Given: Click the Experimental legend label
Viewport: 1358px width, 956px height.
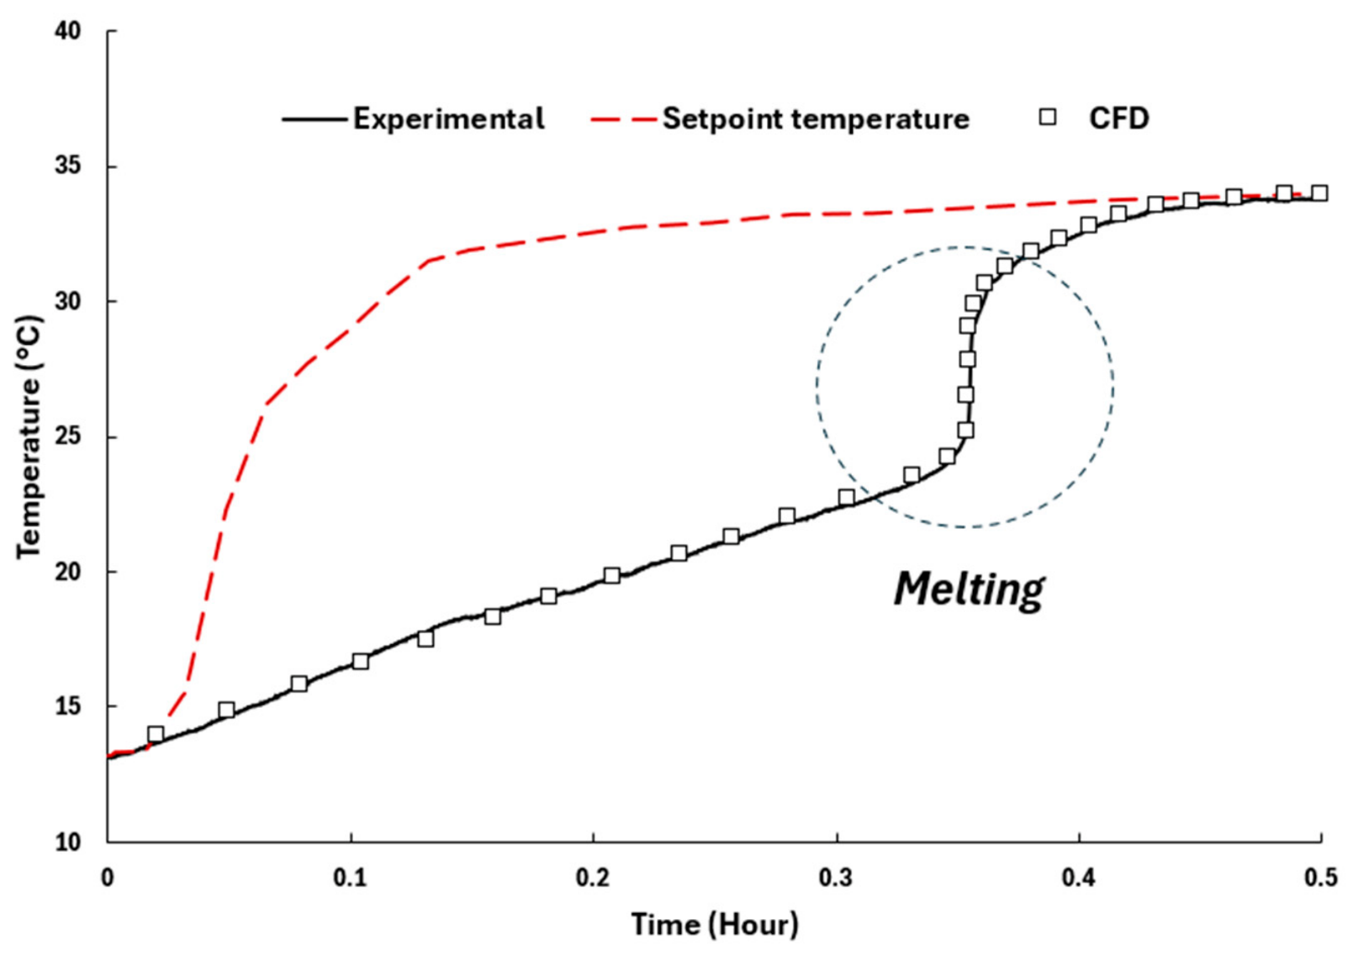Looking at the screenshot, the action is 449,119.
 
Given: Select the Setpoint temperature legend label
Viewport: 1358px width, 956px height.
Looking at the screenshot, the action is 816,119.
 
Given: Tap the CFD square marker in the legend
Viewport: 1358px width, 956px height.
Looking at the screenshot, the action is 1048,117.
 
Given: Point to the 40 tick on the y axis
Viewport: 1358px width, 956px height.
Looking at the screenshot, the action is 68,31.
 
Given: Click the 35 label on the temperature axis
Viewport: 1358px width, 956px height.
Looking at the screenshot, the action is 68,166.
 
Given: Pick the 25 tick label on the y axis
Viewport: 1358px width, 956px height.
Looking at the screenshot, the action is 68,437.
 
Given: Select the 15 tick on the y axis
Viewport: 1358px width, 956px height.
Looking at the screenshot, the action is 68,707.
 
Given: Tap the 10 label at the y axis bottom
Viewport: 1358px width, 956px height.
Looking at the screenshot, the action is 68,842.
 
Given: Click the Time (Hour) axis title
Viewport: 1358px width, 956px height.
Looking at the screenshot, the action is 715,925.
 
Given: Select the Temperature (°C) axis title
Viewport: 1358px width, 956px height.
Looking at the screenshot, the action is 29,436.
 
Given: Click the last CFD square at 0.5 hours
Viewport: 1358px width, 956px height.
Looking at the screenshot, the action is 1319,193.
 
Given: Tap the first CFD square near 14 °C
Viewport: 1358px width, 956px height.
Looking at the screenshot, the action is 156,734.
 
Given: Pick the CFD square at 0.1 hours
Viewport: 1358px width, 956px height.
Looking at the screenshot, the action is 361,662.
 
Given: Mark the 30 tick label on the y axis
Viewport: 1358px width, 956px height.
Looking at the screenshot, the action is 68,301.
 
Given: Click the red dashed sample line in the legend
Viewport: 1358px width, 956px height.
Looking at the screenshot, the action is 623,119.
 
